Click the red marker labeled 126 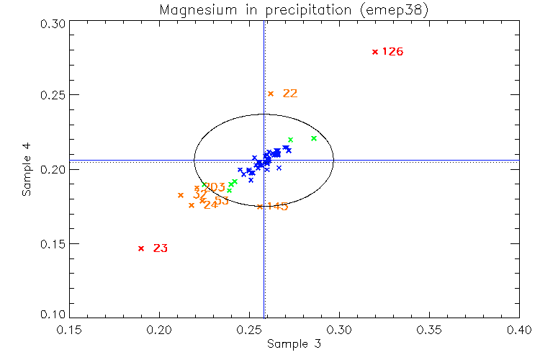(374, 52)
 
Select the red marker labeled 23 (141, 248)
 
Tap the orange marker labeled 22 (271, 94)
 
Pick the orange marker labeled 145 (259, 207)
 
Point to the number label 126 (392, 52)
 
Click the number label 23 (161, 248)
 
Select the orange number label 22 (290, 94)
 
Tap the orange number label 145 (277, 207)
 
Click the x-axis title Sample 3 (294, 344)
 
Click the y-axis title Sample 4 (27, 171)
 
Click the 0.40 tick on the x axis (519, 329)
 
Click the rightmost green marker (314, 138)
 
